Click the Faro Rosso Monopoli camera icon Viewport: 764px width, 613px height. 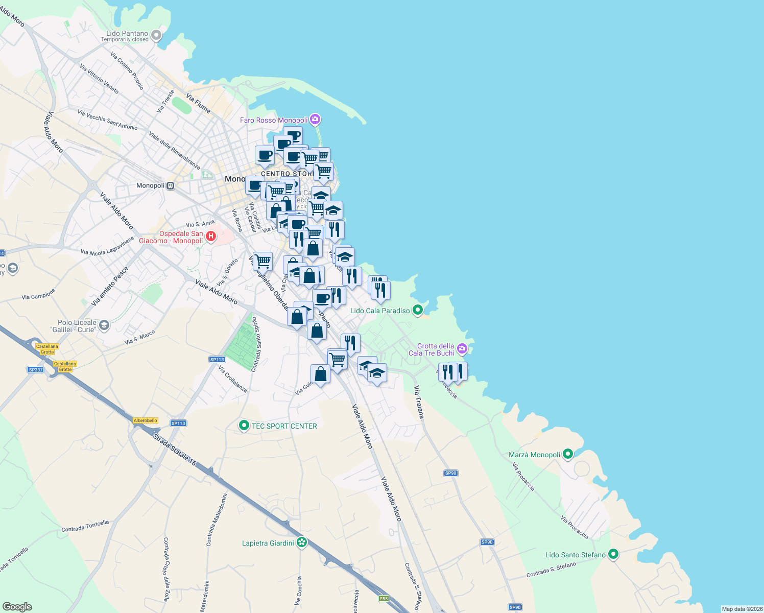(x=315, y=120)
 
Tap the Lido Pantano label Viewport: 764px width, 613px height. (x=127, y=34)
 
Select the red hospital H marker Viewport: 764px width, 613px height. (x=210, y=237)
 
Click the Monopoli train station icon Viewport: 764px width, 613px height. (x=171, y=186)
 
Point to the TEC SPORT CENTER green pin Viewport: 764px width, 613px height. (x=244, y=426)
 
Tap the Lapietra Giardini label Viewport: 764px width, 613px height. (x=268, y=543)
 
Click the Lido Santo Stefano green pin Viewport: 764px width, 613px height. (x=613, y=554)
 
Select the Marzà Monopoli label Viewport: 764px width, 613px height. (x=534, y=455)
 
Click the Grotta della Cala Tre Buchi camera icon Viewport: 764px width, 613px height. (x=462, y=349)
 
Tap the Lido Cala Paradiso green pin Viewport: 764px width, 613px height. (x=418, y=310)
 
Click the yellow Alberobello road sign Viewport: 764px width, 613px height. (x=146, y=420)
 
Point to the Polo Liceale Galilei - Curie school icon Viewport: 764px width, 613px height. (x=104, y=325)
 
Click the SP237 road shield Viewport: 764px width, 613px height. (x=36, y=370)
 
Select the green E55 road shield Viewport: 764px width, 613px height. (x=384, y=598)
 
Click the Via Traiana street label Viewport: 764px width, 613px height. (x=419, y=402)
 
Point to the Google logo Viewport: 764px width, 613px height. (x=17, y=606)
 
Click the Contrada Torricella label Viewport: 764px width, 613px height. (x=85, y=526)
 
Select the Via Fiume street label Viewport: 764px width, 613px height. (x=198, y=103)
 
